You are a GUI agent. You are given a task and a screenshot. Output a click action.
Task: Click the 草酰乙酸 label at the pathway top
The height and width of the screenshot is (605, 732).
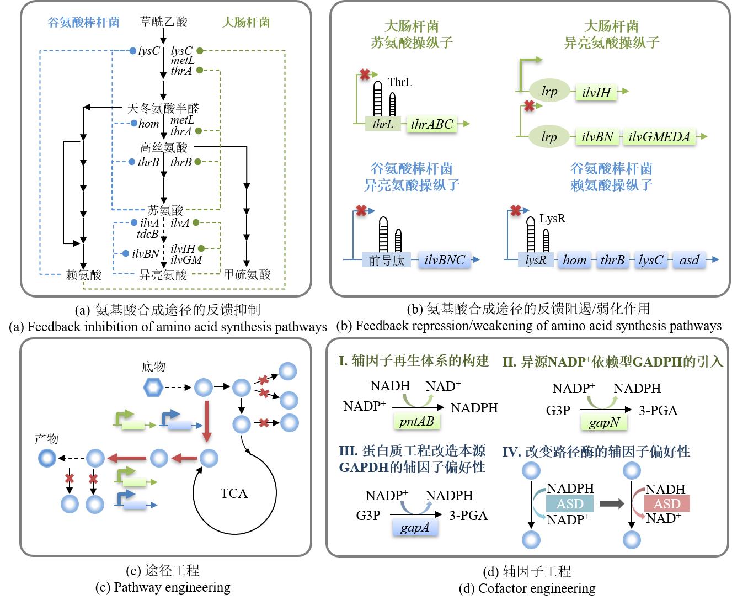point(163,22)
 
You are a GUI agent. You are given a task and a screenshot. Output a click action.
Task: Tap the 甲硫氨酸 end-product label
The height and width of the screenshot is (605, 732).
point(247,274)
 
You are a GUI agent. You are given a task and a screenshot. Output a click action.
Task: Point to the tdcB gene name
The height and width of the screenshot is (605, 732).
point(147,234)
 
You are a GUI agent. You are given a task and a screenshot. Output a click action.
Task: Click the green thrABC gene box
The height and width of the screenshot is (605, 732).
point(431,124)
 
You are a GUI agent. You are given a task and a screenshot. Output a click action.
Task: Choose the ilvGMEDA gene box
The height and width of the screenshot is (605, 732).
point(659,137)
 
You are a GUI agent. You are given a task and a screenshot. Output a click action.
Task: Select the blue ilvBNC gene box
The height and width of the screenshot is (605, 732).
point(445,260)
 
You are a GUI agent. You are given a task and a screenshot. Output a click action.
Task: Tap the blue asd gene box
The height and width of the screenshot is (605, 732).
point(689,260)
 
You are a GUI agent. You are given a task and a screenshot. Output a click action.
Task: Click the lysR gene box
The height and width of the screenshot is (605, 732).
point(536,260)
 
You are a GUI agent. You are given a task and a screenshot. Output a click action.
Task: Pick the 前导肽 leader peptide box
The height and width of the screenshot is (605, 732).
point(387,260)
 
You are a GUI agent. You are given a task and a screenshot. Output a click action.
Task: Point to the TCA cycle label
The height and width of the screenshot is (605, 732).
point(234,493)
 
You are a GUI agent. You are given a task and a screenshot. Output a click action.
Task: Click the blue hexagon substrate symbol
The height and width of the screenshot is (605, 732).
point(153,388)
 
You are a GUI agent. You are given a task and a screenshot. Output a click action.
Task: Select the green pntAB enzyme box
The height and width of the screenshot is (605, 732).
point(416,422)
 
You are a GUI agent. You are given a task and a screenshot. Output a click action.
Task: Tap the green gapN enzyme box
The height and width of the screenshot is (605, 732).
point(604,423)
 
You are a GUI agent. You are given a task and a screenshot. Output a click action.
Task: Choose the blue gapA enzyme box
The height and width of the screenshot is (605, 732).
point(415,528)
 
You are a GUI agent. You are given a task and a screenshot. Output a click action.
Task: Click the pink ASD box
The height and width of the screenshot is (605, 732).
point(667,503)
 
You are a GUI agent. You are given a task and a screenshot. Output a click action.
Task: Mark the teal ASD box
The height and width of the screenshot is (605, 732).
point(569,503)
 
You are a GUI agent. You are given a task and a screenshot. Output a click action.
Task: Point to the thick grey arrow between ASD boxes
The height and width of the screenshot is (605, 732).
point(611,503)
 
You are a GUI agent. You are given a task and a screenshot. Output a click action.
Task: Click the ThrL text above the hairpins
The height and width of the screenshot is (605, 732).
point(400,82)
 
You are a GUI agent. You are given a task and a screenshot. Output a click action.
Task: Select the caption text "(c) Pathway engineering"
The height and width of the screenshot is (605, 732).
point(163,587)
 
